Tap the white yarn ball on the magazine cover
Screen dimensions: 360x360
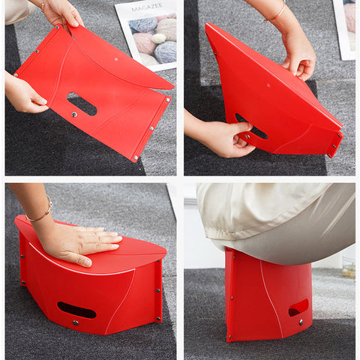coord(159,38)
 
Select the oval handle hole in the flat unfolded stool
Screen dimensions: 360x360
coord(82,104)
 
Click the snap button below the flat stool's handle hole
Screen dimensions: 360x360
coord(74,115)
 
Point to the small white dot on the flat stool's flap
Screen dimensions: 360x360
coord(116,59)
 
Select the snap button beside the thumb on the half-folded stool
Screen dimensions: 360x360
coord(247,136)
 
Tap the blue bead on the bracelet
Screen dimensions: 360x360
coord(51,205)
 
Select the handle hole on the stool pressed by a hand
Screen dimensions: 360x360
coord(76,310)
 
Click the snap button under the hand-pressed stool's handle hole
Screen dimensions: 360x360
coord(75,322)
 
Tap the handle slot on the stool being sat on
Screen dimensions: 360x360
coord(298,307)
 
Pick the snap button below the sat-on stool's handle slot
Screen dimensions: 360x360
coord(301,322)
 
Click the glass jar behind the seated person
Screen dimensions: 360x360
coord(349,267)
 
